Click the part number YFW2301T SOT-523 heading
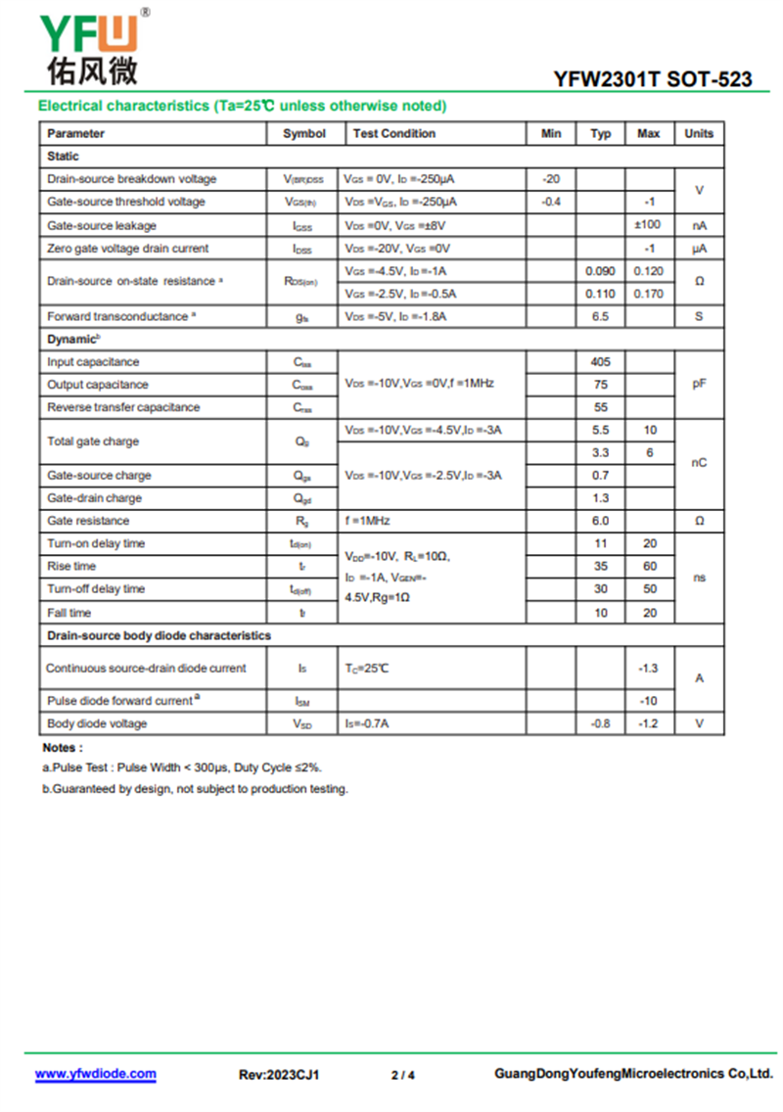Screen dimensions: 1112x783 (x=653, y=79)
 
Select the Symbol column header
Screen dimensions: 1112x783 (x=304, y=134)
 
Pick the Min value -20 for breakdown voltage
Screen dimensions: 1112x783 (x=551, y=179)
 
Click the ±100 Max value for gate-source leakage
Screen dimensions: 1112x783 (x=648, y=225)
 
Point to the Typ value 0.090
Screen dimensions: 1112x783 (x=600, y=271)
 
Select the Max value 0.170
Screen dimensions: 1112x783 (x=648, y=294)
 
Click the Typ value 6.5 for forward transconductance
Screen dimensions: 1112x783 (x=600, y=316)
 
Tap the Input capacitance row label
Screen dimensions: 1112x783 (x=93, y=362)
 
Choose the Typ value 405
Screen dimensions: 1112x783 (x=600, y=362)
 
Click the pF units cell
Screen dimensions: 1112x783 (x=699, y=385)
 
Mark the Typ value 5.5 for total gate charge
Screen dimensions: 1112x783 (x=600, y=431)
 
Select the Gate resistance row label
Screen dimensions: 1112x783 (x=88, y=521)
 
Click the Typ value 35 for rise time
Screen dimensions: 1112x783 (x=600, y=566)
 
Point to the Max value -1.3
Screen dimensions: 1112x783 (x=648, y=669)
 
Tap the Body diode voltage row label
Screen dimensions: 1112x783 (x=97, y=723)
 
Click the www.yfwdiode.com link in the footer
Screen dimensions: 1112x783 (x=96, y=1074)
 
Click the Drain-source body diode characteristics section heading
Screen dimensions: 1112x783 (x=160, y=636)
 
